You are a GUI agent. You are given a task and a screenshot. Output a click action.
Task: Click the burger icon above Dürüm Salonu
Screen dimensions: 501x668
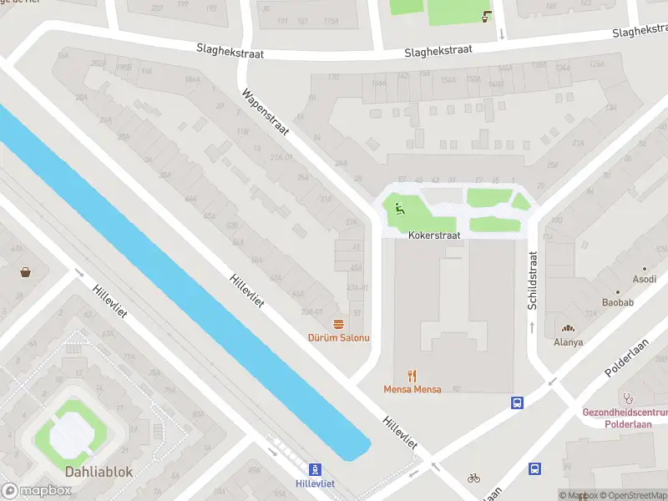coord(338,323)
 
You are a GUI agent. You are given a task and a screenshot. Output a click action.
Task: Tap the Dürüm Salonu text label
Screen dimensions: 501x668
coord(338,337)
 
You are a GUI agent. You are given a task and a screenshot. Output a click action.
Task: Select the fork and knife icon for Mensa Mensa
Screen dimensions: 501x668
coord(412,376)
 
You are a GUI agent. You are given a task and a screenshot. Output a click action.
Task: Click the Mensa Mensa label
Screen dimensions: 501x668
coord(412,389)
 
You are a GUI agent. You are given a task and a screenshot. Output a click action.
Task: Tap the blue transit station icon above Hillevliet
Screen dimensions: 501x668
coord(315,470)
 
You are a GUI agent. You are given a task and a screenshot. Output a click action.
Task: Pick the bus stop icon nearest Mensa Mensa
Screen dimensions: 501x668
coord(517,402)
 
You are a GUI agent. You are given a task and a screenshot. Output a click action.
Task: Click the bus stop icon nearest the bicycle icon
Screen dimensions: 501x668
coord(534,470)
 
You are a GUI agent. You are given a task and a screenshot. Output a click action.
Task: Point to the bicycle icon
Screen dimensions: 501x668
coord(474,478)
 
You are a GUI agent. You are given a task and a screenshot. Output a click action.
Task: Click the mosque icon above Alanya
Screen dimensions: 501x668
coord(569,329)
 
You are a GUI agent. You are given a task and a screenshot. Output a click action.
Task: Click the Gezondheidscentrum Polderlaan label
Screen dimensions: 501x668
coord(625,417)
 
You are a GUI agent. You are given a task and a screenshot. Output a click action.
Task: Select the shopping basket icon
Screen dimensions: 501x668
coord(26,272)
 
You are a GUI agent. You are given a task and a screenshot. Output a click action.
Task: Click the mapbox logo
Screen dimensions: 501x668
coord(38,490)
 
